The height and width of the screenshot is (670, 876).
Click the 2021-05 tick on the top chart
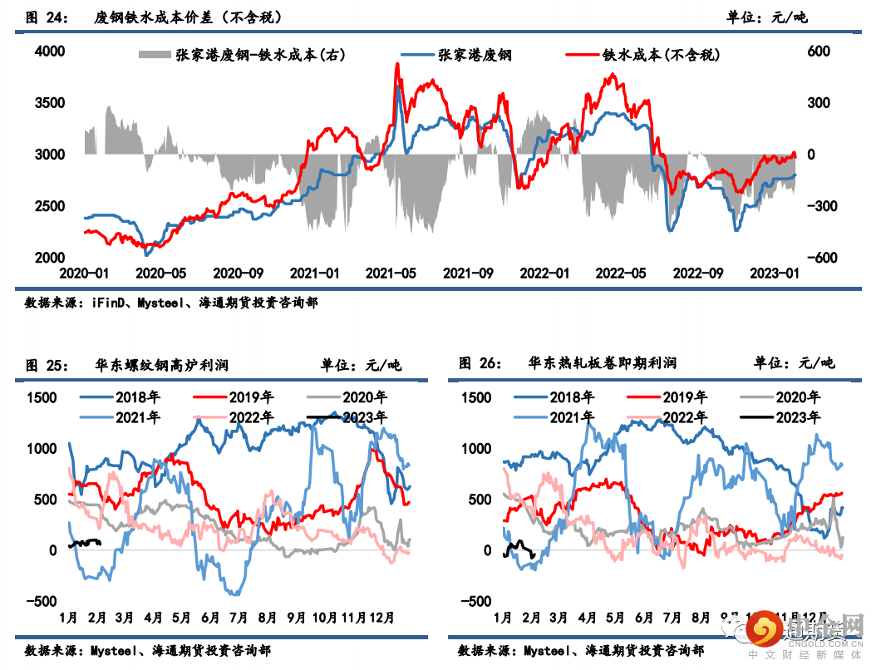pos(391,273)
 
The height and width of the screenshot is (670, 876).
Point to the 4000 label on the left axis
pos(49,52)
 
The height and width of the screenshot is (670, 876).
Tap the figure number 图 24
pos(47,17)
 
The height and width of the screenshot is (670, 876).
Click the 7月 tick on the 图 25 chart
pos(239,618)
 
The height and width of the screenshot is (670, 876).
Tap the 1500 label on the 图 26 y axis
pos(475,397)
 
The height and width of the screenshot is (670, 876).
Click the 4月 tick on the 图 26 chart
pos(587,618)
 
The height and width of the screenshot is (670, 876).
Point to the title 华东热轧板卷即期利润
pos(602,363)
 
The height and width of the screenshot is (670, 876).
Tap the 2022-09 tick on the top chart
pos(696,273)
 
